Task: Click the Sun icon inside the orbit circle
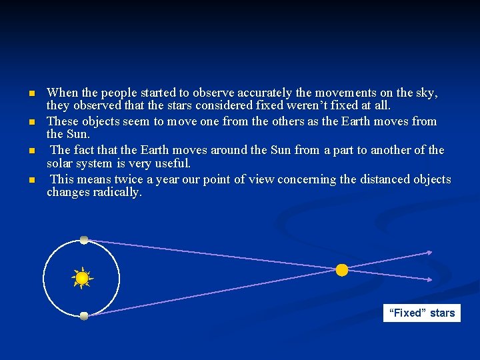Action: [82, 278]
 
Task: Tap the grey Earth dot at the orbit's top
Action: [84, 239]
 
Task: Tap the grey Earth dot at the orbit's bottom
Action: [84, 316]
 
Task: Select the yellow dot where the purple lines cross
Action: [341, 270]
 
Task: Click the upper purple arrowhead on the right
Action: [429, 253]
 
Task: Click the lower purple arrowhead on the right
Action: [429, 279]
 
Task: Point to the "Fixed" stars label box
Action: [421, 313]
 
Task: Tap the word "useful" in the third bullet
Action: [172, 163]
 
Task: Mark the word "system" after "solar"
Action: [95, 163]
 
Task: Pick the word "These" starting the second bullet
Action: [63, 121]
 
